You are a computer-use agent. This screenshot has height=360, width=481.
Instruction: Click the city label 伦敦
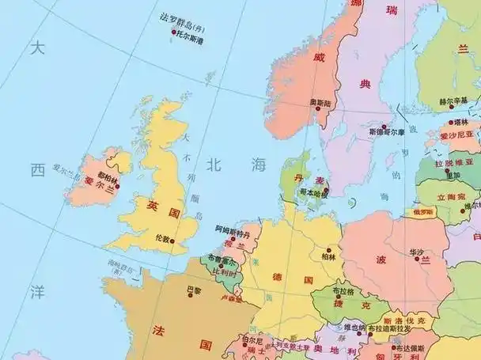(164, 238)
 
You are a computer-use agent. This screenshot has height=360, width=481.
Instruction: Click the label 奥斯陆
(320, 103)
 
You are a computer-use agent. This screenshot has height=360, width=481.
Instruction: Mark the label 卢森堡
(231, 298)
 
